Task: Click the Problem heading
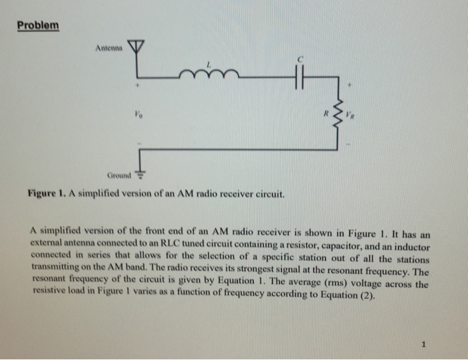[37, 26]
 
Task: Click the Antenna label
[109, 48]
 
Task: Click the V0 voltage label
[138, 116]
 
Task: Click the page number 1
[424, 345]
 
